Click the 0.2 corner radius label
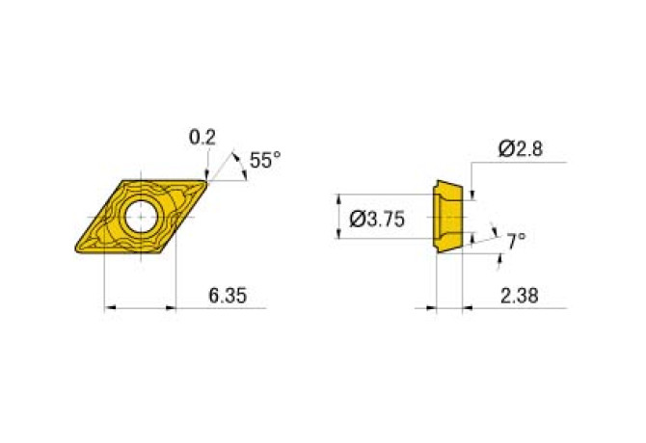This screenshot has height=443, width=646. pyautogui.click(x=202, y=138)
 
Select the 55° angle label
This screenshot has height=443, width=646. pyautogui.click(x=265, y=161)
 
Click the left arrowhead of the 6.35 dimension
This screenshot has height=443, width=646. pyautogui.click(x=108, y=308)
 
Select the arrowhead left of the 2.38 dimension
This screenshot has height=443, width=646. pyautogui.click(x=430, y=309)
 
